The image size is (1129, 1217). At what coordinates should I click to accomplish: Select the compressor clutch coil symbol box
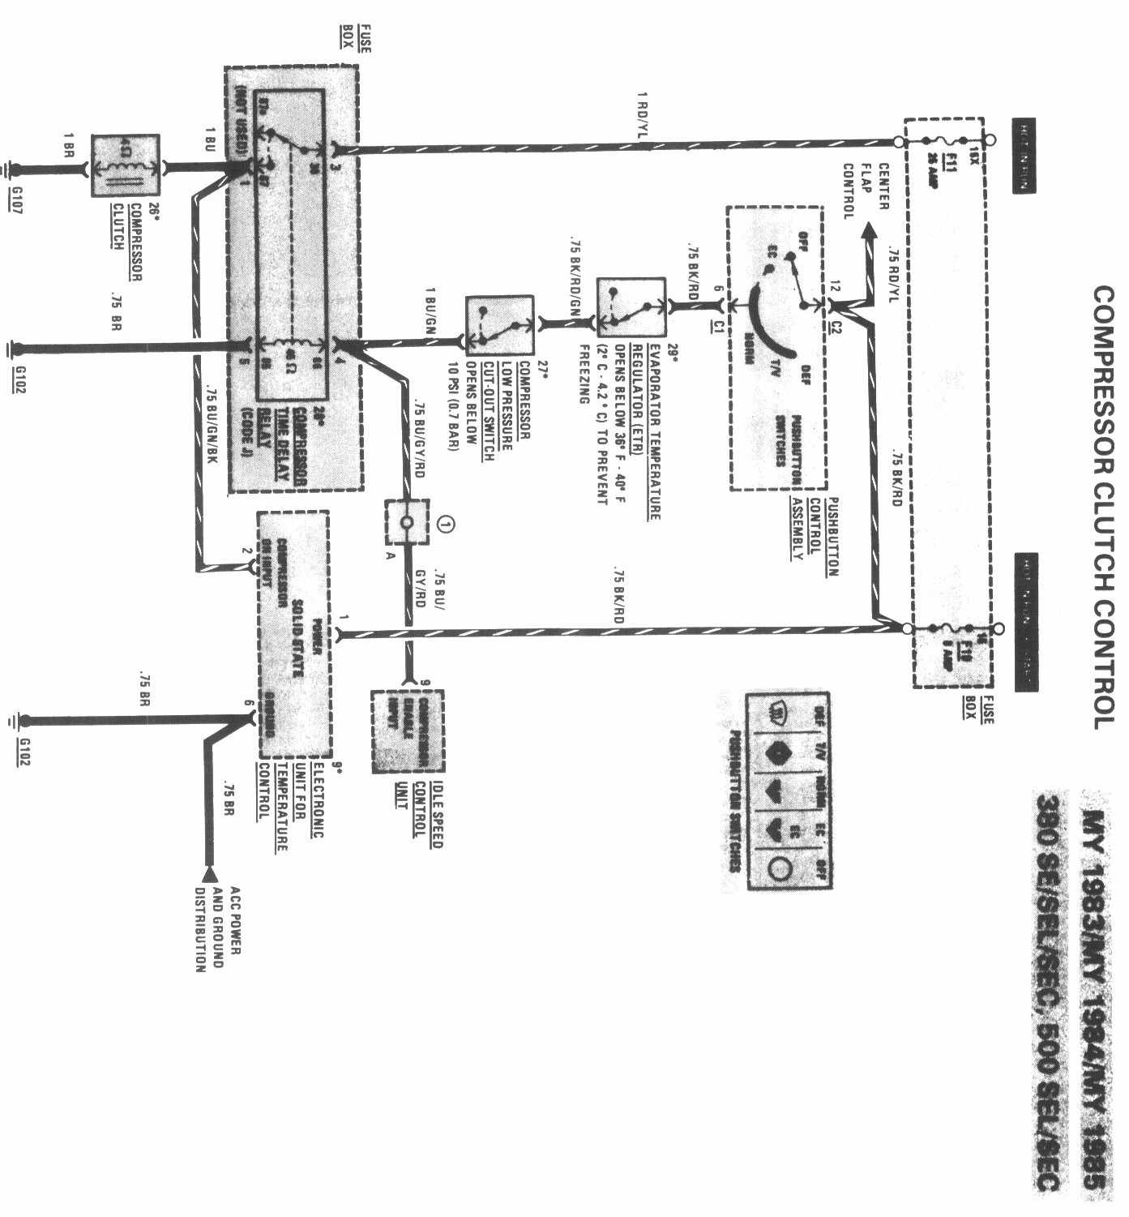click(126, 166)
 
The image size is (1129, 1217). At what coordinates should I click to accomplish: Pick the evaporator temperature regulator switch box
click(631, 307)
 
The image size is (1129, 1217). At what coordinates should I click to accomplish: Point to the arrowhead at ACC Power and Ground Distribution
click(209, 874)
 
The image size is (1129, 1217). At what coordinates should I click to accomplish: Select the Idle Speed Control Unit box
click(408, 731)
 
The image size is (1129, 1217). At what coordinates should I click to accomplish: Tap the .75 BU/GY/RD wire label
click(419, 438)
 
